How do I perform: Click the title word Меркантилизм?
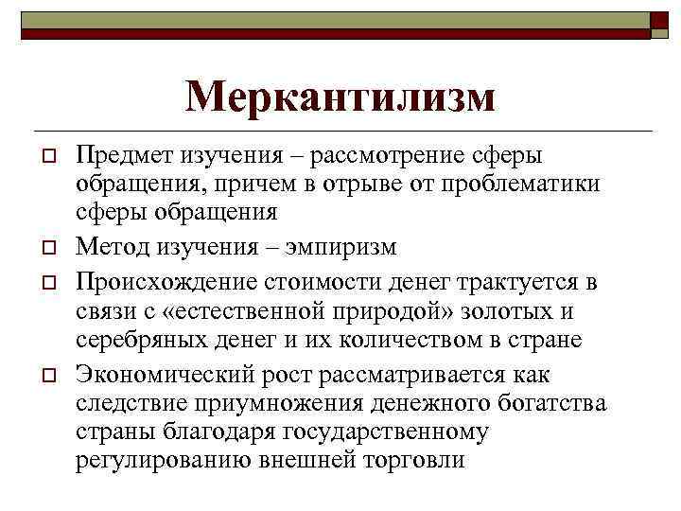pyautogui.click(x=340, y=97)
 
